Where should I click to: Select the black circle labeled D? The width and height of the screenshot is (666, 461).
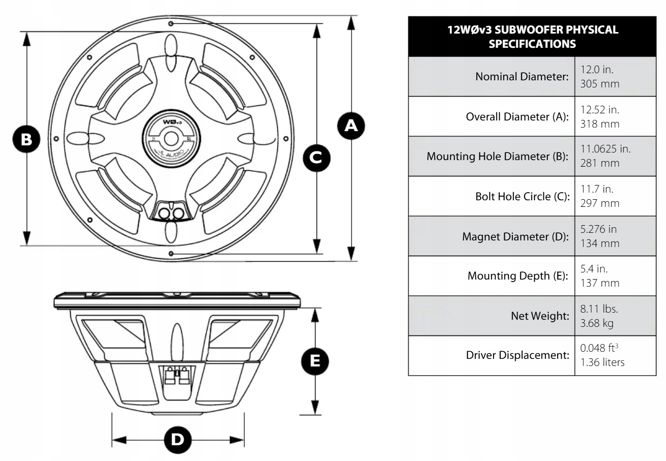[x=178, y=439]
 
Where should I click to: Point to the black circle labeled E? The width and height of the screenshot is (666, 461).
[x=315, y=360]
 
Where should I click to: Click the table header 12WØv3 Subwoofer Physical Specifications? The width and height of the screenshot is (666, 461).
[x=532, y=37]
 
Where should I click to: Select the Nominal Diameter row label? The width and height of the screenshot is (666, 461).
[x=522, y=77]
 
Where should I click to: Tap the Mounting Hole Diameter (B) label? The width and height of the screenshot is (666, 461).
[x=497, y=157]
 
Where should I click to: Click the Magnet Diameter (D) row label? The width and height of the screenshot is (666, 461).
[x=515, y=236]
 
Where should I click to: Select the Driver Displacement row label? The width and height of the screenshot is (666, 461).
[x=517, y=356]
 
